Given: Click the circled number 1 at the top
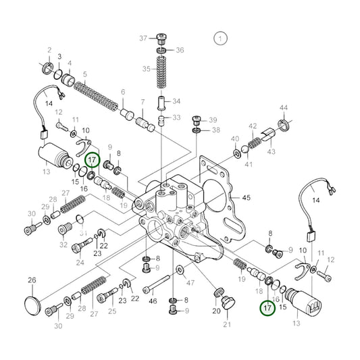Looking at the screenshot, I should tap(220, 38).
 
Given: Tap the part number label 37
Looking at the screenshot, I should tap(143, 37).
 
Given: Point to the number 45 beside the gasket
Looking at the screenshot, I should tap(246, 198).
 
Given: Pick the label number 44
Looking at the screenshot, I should tap(284, 108).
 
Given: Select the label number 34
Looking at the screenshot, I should tap(177, 102).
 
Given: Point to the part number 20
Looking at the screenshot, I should tap(216, 311).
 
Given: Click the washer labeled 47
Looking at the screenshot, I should tap(179, 271).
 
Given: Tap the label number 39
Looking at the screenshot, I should tap(213, 119).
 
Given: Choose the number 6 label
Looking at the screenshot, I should tap(122, 93).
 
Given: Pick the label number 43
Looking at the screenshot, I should tap(272, 152).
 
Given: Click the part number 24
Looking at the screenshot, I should tap(80, 263).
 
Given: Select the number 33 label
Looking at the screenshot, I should tap(176, 118).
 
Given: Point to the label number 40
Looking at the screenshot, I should tap(234, 140).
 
